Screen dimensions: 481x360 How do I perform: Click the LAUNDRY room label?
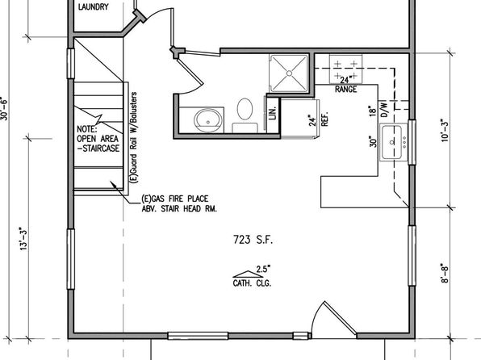tap(94, 6)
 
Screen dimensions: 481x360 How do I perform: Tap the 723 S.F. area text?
tap(253, 240)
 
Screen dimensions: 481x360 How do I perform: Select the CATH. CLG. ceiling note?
tap(252, 283)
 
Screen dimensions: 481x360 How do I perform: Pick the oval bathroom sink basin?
tap(207, 120)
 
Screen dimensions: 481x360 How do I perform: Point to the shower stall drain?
tap(289, 73)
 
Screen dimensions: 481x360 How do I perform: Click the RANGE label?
tap(345, 90)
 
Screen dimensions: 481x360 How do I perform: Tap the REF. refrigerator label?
tap(324, 118)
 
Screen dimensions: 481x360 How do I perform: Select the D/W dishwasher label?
tap(384, 109)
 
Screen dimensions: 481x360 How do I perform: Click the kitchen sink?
tap(394, 142)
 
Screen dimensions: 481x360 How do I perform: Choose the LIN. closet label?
tap(273, 113)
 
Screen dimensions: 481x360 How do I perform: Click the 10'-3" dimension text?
tap(445, 130)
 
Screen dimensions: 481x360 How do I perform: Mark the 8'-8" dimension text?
tap(445, 273)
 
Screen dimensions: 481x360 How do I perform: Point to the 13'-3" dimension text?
tap(24, 239)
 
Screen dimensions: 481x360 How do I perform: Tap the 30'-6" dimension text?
tap(4, 108)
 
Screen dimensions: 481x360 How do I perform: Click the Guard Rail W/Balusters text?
tap(133, 137)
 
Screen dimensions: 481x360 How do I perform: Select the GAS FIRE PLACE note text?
tap(175, 199)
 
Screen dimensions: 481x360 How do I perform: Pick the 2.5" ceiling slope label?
tap(264, 269)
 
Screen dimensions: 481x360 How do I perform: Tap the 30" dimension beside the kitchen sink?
tap(373, 141)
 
